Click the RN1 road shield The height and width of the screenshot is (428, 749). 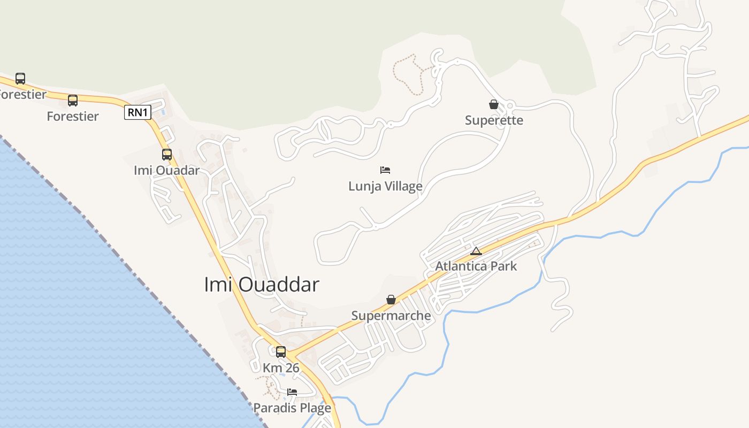click(138, 112)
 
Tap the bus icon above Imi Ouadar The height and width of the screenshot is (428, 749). click(167, 155)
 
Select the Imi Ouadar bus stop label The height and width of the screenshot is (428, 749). click(166, 171)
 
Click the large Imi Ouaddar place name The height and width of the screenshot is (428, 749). click(262, 285)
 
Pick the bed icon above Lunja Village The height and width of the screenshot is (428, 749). click(385, 170)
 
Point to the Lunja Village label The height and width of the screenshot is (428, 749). click(385, 186)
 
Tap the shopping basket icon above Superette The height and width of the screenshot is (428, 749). click(494, 104)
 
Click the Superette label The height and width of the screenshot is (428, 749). click(494, 120)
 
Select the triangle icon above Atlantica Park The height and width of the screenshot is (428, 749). click(476, 251)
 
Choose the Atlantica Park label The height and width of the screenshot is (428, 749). click(476, 266)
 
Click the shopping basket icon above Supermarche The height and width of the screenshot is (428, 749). click(391, 300)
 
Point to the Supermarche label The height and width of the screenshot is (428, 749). click(391, 316)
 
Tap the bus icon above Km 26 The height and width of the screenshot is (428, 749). click(281, 352)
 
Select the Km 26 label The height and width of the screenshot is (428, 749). click(281, 368)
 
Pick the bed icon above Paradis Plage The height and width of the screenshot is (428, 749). click(292, 392)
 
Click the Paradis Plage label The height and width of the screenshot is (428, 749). click(292, 408)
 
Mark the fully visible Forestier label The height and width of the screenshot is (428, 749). click(73, 117)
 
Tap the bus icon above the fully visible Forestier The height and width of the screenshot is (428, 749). click(73, 101)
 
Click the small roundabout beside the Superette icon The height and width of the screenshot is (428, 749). click(509, 105)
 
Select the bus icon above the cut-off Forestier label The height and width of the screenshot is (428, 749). click(20, 79)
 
